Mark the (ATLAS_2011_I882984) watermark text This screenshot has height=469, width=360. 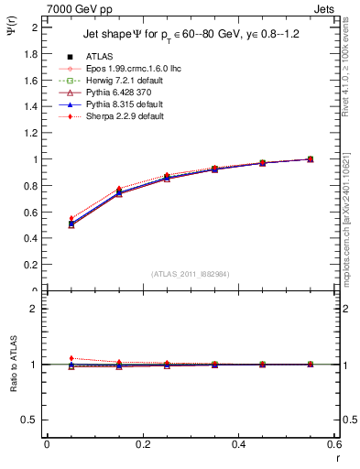[x=191, y=274]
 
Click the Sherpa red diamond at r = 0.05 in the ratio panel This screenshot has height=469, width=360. [x=47, y=358]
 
